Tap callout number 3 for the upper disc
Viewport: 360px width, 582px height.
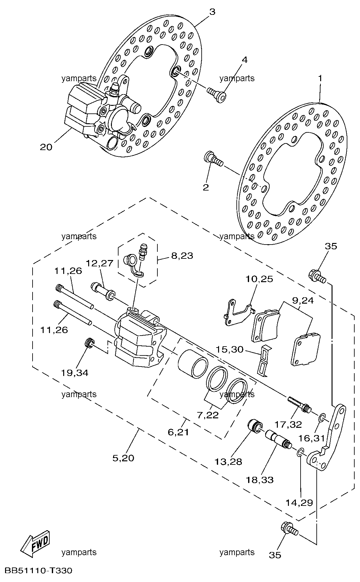coord(212,12)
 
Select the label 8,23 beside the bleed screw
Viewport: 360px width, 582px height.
coord(182,256)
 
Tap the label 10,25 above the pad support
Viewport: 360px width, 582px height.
coord(259,279)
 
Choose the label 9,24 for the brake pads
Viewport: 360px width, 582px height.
coord(302,300)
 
